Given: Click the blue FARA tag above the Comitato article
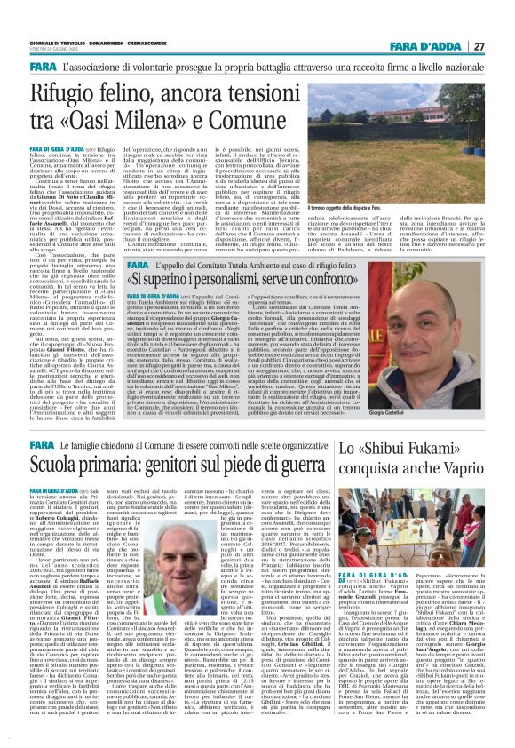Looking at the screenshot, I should (x=140, y=264).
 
